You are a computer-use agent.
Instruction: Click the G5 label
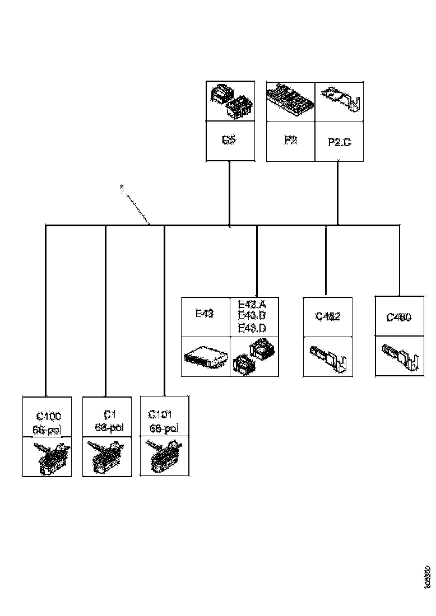(x=228, y=140)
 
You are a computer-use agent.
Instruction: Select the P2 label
(x=290, y=140)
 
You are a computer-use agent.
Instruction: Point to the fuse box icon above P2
(x=290, y=101)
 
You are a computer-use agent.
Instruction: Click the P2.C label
(x=339, y=142)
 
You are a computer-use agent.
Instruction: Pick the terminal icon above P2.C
(x=340, y=101)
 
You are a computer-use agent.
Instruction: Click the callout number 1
(x=122, y=189)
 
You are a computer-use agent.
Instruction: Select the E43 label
(x=205, y=314)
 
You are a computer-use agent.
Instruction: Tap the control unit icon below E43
(x=205, y=357)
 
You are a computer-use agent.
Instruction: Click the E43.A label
(x=252, y=305)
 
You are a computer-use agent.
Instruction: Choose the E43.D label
(x=252, y=328)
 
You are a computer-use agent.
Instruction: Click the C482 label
(x=328, y=316)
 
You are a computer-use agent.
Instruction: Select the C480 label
(x=399, y=318)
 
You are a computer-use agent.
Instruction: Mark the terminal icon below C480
(x=399, y=357)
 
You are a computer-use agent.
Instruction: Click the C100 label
(x=49, y=416)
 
